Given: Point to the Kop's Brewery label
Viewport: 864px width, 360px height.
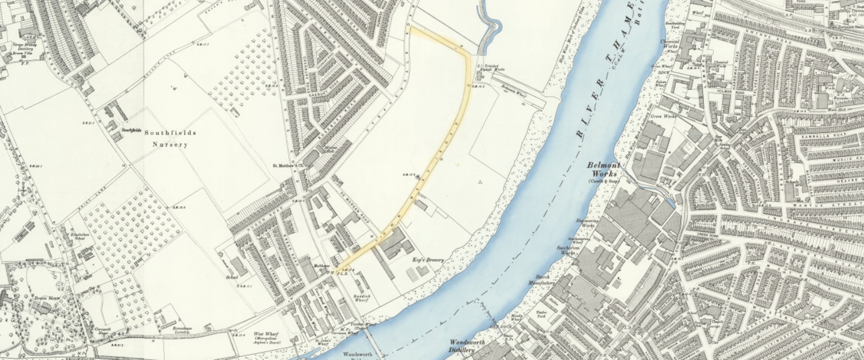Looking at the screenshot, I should pos(428,259).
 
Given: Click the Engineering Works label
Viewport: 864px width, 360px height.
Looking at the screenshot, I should pos(587,223).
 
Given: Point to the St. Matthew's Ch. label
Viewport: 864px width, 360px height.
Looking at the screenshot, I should pos(285,165).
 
